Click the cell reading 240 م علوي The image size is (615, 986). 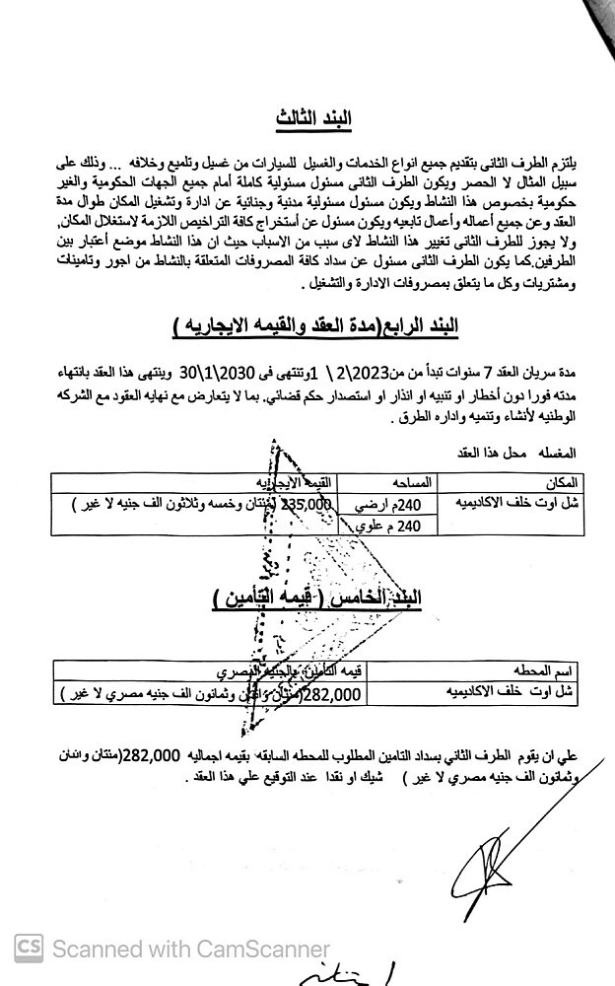point(393,526)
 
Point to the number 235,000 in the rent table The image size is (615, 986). point(308,503)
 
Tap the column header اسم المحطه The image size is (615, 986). point(544,670)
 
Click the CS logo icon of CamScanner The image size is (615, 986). point(29,948)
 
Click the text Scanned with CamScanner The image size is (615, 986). point(190,949)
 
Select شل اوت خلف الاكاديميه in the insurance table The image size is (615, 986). point(517,693)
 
